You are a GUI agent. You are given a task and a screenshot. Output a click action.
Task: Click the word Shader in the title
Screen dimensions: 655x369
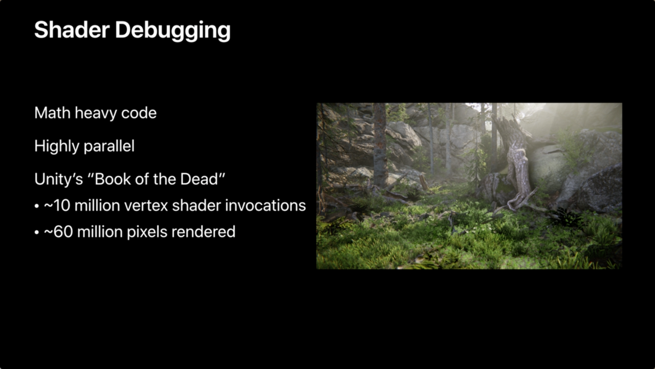pyautogui.click(x=72, y=30)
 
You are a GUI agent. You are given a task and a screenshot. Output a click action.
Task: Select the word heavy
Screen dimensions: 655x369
pyautogui.click(x=95, y=114)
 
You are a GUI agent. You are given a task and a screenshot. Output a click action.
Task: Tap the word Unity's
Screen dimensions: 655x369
pyautogui.click(x=58, y=179)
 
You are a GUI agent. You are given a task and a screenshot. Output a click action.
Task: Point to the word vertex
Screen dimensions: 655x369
pyautogui.click(x=146, y=206)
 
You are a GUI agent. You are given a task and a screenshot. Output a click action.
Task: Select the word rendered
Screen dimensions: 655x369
pyautogui.click(x=203, y=232)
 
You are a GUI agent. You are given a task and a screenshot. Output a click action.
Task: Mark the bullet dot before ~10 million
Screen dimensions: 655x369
pyautogui.click(x=36, y=206)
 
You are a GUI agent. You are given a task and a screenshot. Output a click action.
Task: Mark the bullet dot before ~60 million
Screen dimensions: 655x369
pyautogui.click(x=36, y=233)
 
